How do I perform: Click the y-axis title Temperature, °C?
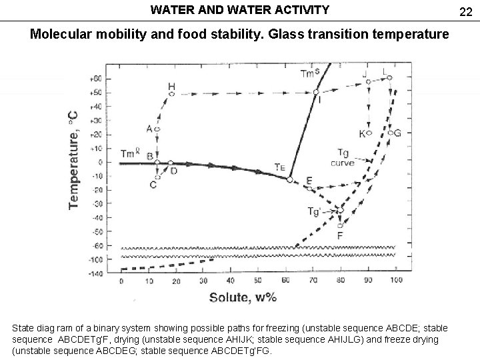(x=74, y=160)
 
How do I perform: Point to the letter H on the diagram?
(x=171, y=87)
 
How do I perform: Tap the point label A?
(x=149, y=129)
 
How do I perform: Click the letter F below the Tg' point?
(x=341, y=235)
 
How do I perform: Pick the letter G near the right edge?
(x=398, y=133)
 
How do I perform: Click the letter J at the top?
(x=365, y=73)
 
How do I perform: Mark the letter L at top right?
(x=385, y=71)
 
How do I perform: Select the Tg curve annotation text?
(x=343, y=158)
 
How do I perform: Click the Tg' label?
(x=314, y=212)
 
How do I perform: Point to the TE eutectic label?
(x=280, y=167)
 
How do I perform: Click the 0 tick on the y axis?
(x=101, y=162)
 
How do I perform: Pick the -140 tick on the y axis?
(x=96, y=273)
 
